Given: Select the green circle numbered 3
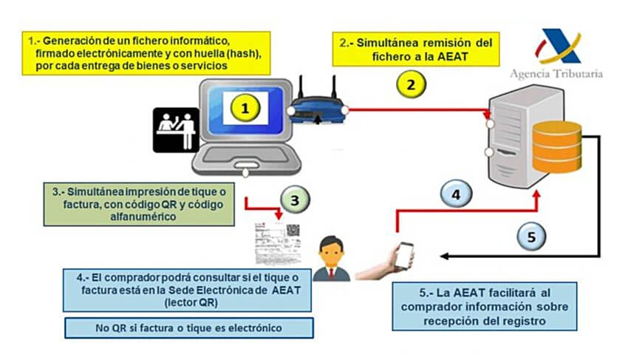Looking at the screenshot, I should [x=294, y=200].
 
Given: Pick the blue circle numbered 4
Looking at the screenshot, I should [x=457, y=195].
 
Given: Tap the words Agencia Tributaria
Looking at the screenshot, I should [x=556, y=73].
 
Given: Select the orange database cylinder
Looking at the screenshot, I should [x=556, y=145].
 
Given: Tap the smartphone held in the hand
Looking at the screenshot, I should [x=403, y=255].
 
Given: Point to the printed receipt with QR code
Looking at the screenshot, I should [x=279, y=241].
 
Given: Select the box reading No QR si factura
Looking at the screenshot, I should [x=189, y=327].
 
